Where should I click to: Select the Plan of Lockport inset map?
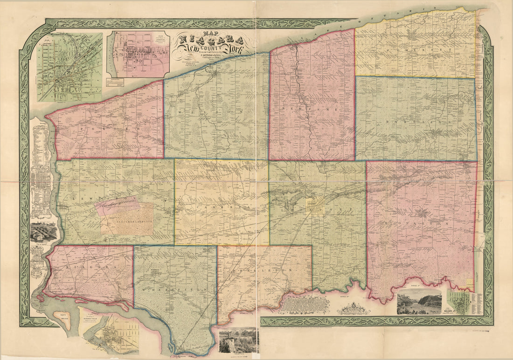(x=69, y=67)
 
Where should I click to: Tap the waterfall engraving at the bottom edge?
(x=238, y=342)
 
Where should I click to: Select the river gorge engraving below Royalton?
(x=419, y=302)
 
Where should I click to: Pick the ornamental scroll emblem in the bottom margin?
(x=355, y=308)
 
